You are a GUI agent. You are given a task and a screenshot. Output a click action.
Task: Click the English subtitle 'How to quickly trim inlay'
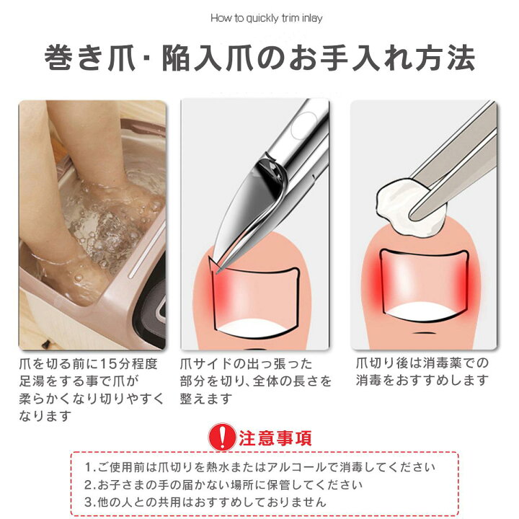point(267,18)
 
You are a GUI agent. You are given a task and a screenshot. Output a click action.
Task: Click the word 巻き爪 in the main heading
point(90,58)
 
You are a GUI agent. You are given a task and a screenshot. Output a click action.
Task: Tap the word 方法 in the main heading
point(445,58)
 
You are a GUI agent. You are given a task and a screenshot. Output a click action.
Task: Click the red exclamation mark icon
point(222,437)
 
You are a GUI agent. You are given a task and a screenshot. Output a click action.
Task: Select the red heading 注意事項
point(275,438)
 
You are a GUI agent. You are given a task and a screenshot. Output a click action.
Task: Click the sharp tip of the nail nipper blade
point(217,272)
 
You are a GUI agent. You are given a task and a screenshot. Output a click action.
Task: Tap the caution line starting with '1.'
point(259,467)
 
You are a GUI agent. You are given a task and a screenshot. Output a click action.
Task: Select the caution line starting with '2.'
point(223,485)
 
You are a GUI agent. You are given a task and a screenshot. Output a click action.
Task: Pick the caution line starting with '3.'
point(205,502)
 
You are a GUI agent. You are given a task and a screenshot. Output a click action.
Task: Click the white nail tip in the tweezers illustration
point(425,311)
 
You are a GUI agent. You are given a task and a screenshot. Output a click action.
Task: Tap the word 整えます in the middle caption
point(206,398)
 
